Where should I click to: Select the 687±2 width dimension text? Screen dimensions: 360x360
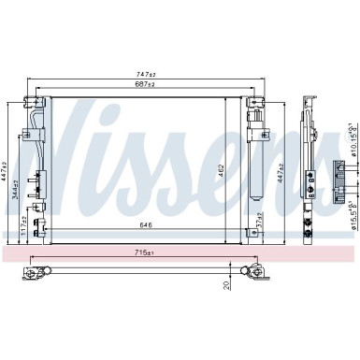coord(145,84)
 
